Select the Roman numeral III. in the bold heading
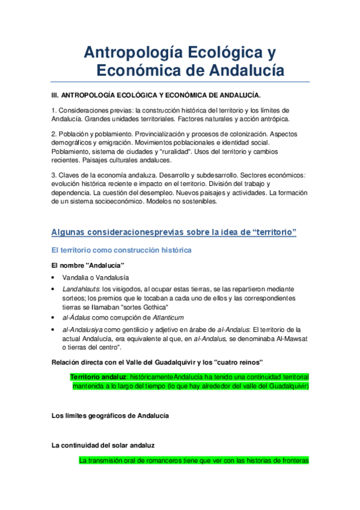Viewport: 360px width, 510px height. (55, 95)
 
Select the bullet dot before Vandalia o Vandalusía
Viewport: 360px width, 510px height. (55, 278)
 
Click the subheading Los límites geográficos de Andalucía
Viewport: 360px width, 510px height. (110, 416)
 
